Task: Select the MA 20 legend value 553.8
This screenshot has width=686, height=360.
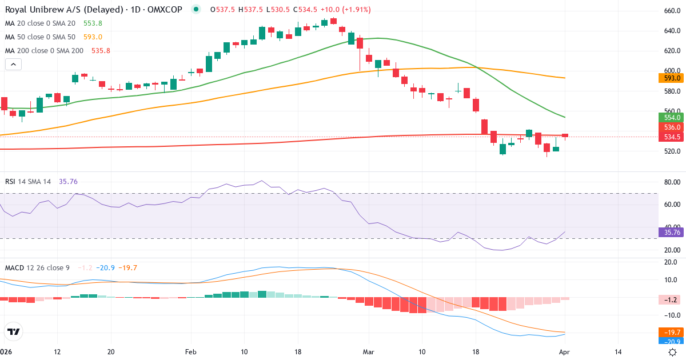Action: coord(93,23)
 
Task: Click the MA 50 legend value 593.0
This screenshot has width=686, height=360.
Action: coord(93,37)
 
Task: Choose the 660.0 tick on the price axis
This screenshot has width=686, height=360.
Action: coord(671,11)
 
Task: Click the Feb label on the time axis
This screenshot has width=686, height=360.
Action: coord(190,352)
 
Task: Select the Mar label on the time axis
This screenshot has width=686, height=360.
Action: coord(368,352)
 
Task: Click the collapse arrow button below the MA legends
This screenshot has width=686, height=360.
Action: coord(13,65)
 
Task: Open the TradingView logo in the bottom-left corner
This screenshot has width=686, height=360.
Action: coord(14,331)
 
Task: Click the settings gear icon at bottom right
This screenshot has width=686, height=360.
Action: coord(673,352)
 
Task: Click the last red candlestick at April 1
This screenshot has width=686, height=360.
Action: coord(565,135)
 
